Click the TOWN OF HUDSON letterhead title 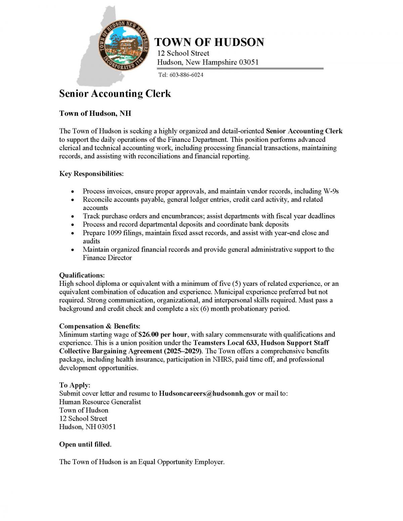(x=209, y=42)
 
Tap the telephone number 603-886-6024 (x=186, y=75)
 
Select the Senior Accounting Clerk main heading (x=115, y=94)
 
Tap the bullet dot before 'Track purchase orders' (x=72, y=217)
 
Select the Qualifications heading (x=82, y=275)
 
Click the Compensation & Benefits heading (x=100, y=326)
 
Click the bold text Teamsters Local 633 (x=225, y=343)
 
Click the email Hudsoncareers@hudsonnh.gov (x=207, y=394)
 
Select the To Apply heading (x=75, y=385)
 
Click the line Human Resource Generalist (x=100, y=402)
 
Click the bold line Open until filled (x=85, y=445)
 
